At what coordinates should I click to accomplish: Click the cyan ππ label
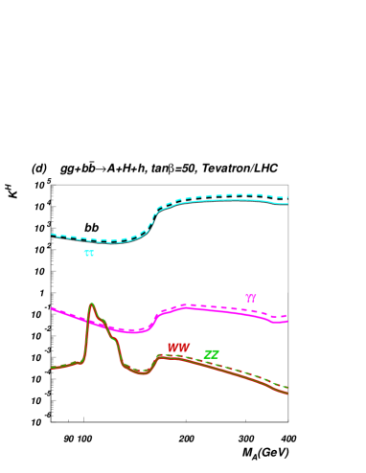tap(89, 254)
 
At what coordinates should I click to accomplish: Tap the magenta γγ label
tap(251, 298)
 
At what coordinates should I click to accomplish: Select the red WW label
tap(178, 348)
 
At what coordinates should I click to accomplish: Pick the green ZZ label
tap(211, 355)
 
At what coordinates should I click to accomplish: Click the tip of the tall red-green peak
tap(91, 304)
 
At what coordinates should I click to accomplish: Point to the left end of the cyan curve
tap(52, 235)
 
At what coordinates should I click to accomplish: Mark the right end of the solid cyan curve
tap(287, 204)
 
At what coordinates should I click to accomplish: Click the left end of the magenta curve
tap(52, 308)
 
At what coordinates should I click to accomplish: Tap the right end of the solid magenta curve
tap(287, 321)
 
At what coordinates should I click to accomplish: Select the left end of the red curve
tap(52, 368)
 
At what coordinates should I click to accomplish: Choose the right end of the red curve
tap(287, 393)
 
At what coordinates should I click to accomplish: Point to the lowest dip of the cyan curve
tap(113, 242)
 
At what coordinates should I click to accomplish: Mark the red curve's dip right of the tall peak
tap(142, 372)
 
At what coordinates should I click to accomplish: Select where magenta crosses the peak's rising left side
tap(86, 321)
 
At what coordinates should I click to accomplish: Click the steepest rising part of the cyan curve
tap(152, 219)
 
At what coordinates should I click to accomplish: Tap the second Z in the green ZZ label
tap(215, 355)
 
